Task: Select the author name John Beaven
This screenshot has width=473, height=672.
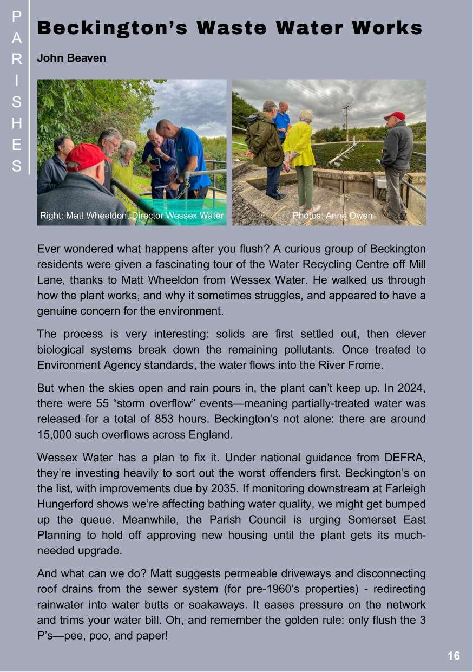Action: [71, 58]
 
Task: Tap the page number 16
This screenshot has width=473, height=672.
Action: [454, 656]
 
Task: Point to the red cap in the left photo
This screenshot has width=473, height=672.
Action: [86, 156]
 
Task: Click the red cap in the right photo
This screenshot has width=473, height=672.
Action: [395, 116]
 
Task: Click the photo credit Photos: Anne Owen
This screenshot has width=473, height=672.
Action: [332, 216]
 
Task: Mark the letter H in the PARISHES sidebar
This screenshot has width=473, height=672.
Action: [17, 123]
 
